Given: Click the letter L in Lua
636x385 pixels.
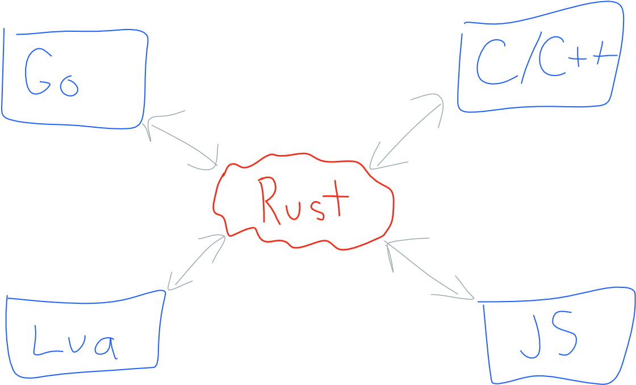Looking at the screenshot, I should pos(43,341).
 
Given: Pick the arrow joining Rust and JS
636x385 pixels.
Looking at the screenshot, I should pos(429,270).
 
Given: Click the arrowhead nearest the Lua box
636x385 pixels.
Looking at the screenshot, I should pos(173,284).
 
